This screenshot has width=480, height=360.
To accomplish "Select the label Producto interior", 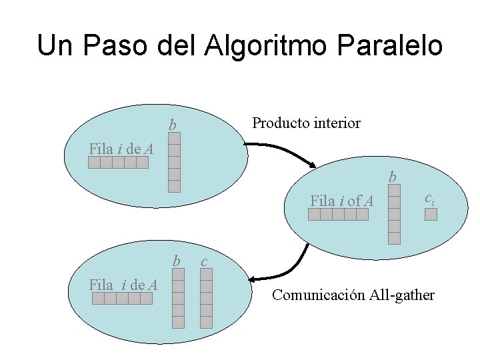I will (306, 123).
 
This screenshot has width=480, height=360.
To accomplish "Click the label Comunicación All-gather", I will (353, 294).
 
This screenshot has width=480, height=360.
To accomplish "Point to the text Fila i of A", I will (341, 199).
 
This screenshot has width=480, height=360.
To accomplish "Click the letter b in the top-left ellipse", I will (173, 125).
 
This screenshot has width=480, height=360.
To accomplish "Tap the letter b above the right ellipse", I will (393, 177).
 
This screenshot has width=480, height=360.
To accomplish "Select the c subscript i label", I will (430, 199).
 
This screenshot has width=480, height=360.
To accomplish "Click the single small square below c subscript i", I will (431, 214).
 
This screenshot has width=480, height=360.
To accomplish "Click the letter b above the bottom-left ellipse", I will (177, 260).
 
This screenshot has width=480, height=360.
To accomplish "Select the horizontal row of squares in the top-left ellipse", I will (119, 163).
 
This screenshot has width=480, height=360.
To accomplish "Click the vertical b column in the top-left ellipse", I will (174, 162).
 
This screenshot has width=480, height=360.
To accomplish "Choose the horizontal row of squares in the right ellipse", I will (338, 214).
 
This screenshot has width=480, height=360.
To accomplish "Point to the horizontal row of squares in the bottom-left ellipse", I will (123, 299).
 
